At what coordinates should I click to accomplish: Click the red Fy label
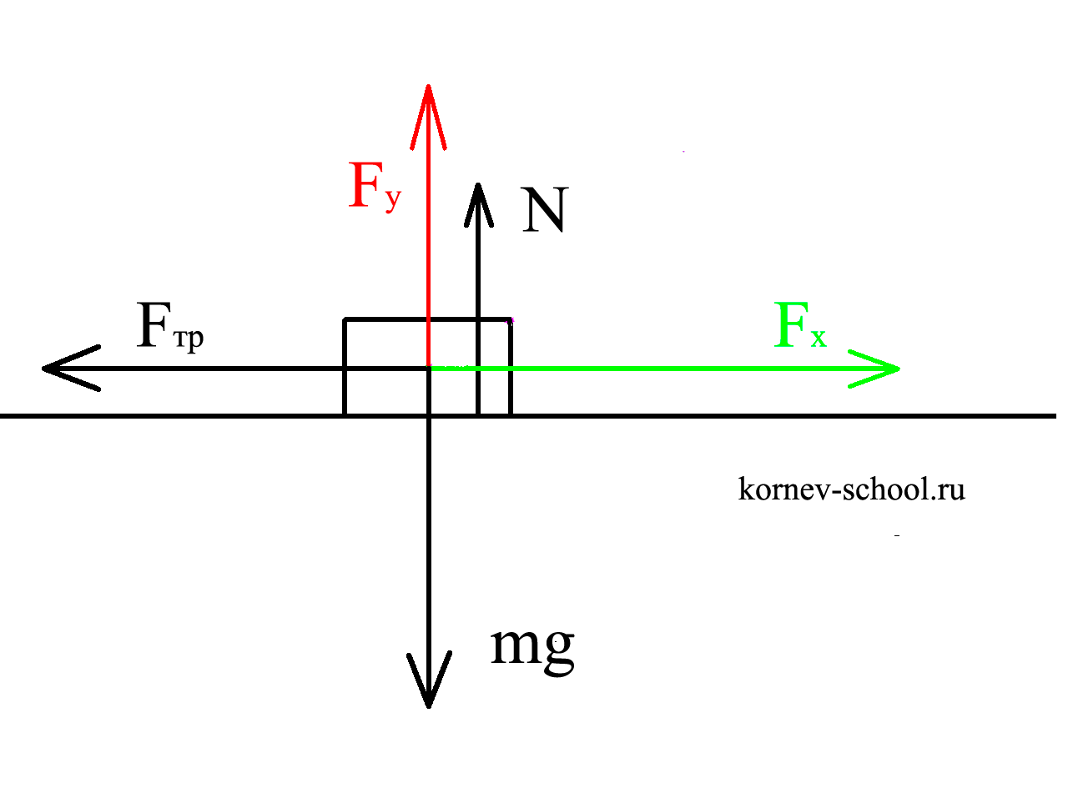tap(375, 187)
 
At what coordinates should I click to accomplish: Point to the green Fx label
tap(799, 327)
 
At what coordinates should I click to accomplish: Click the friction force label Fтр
tap(170, 327)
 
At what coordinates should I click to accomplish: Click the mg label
tap(532, 646)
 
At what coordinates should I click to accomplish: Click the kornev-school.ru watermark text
tap(851, 489)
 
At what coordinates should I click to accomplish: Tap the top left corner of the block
tap(345, 319)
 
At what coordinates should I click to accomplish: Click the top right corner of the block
tap(511, 319)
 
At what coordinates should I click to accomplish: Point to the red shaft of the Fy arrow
tap(428, 250)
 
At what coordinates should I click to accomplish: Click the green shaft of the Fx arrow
tap(667, 368)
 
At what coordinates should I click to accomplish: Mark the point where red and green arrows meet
tap(429, 367)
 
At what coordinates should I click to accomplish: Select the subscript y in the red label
tap(393, 201)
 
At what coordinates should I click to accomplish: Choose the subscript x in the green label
tap(818, 338)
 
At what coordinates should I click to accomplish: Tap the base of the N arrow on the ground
tap(477, 414)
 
